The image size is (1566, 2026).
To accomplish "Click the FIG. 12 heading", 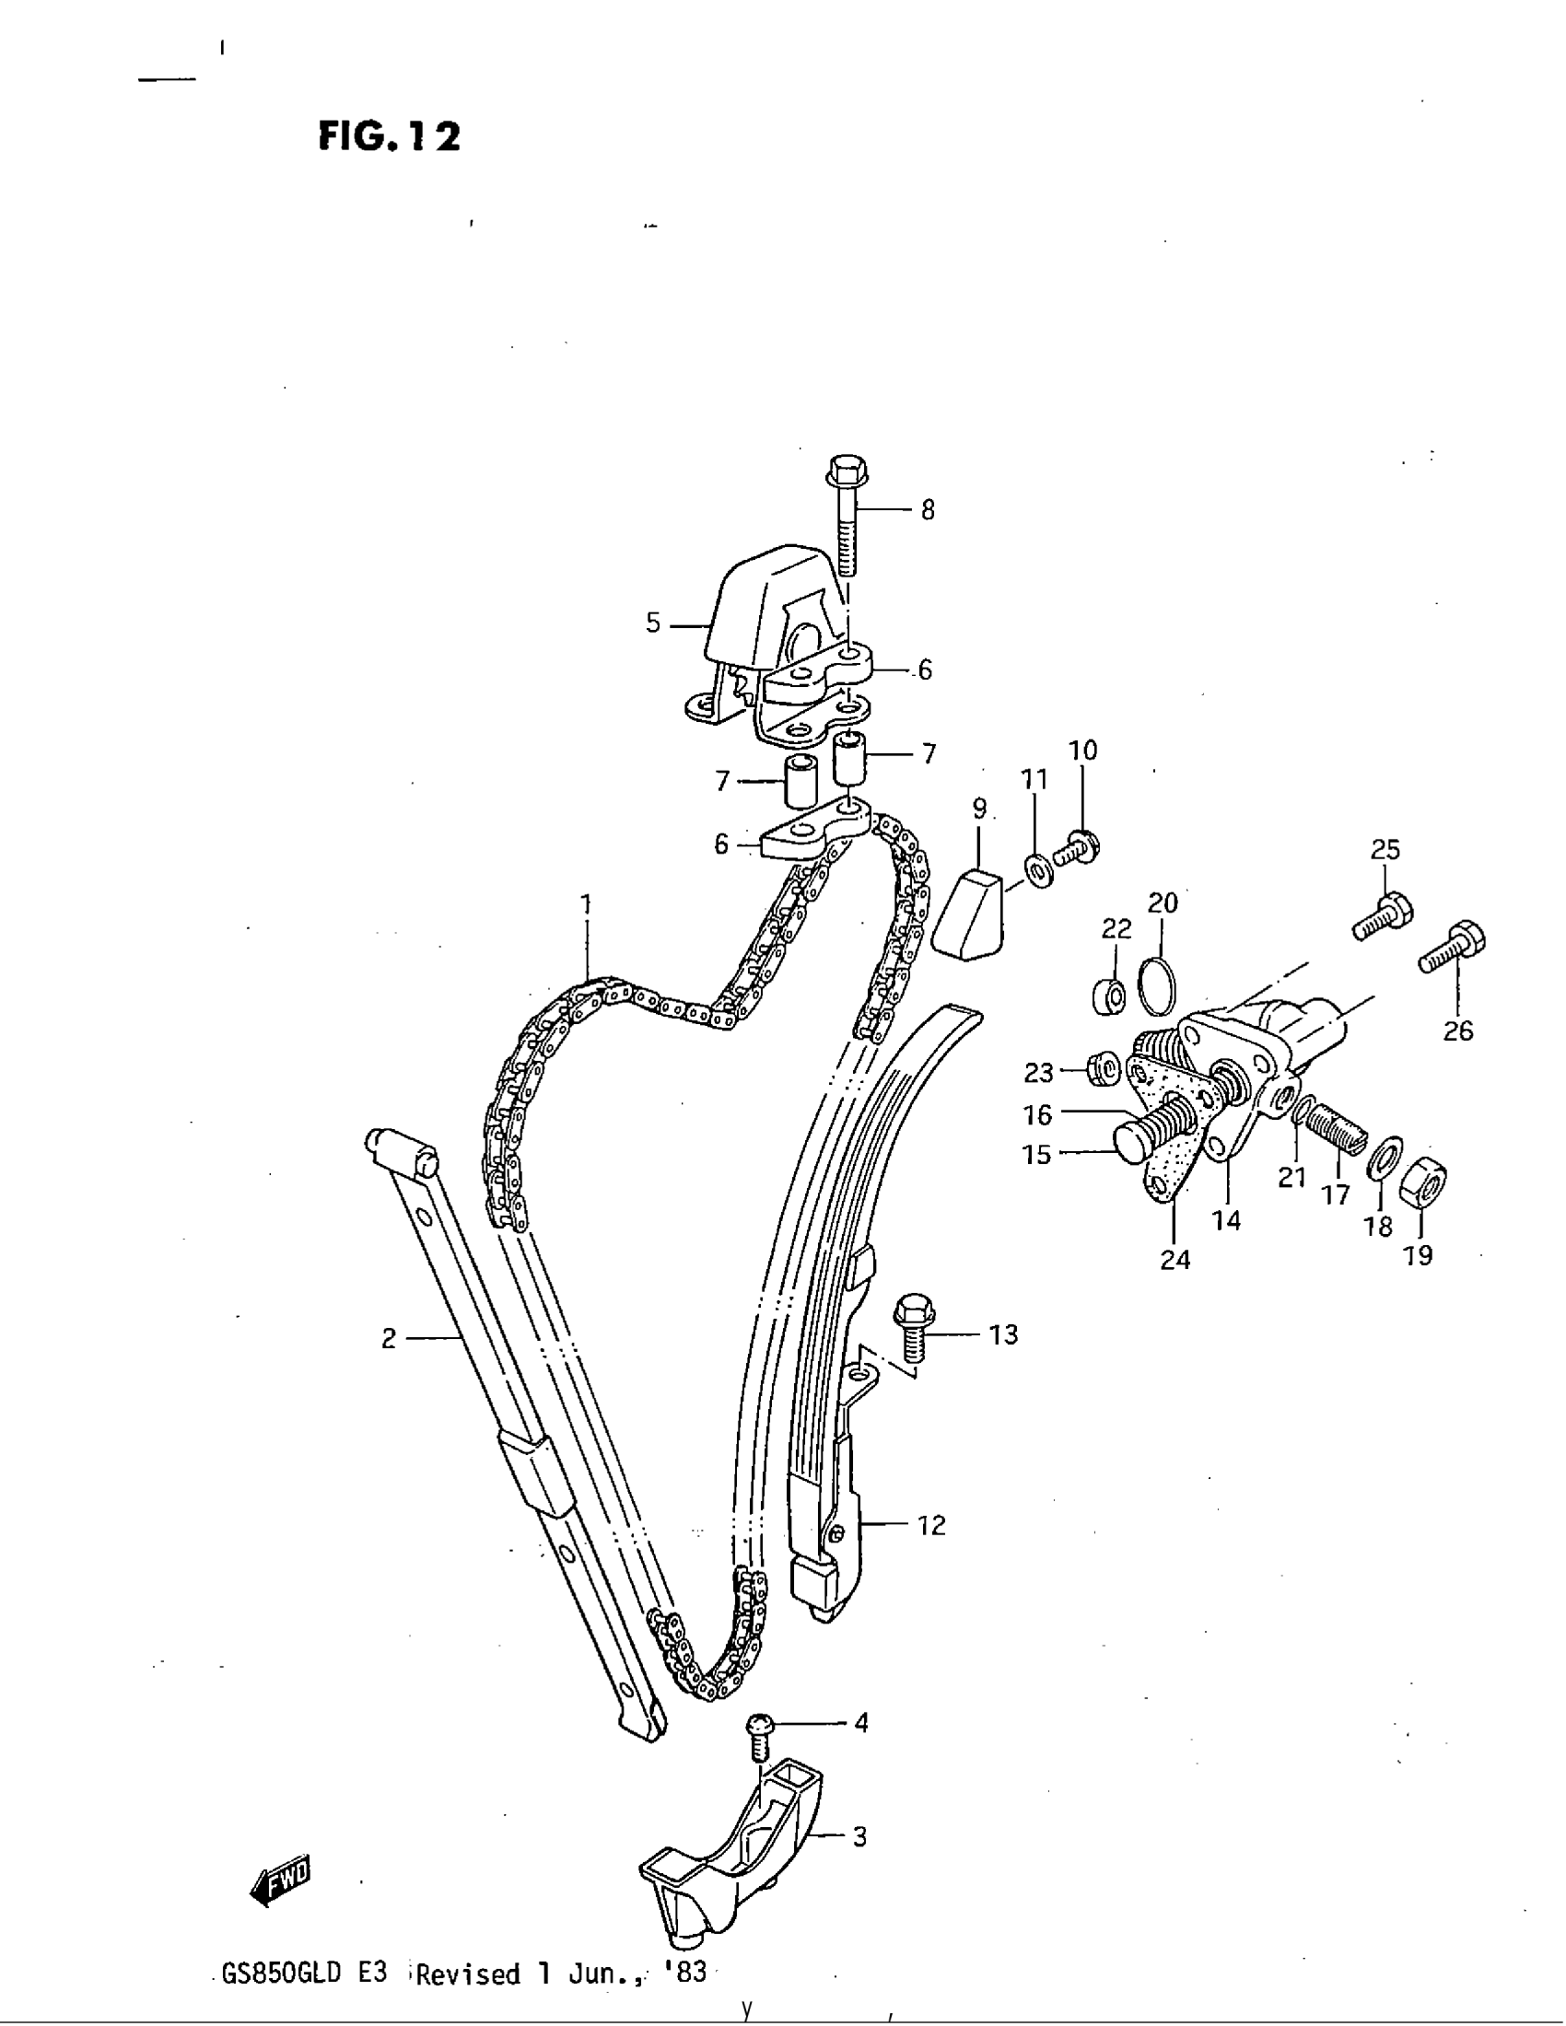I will point(389,137).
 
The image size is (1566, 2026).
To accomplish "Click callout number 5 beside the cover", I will point(653,623).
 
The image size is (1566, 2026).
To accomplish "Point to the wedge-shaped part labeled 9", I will point(969,913).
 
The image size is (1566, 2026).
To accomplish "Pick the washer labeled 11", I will point(1038,870).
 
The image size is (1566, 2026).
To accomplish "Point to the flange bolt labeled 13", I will point(914,1331).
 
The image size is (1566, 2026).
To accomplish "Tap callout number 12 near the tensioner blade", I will point(931,1525).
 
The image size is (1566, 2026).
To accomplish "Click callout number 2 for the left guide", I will point(389,1338).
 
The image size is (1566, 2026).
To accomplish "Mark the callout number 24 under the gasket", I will point(1174,1259).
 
